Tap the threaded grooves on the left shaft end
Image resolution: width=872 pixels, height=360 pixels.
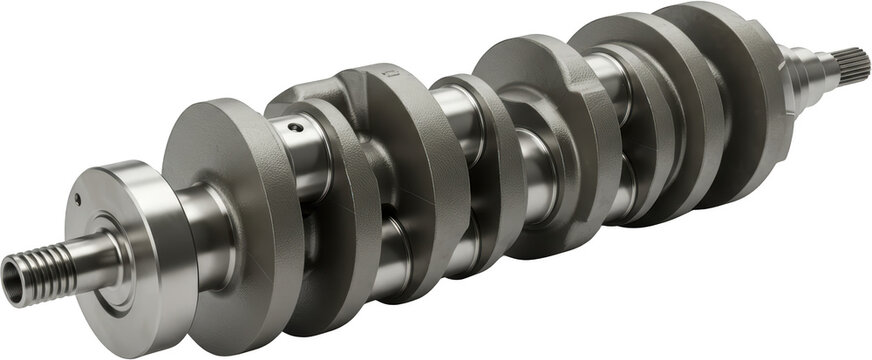click(x=45, y=262)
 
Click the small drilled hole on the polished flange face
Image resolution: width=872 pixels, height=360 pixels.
click(x=77, y=198)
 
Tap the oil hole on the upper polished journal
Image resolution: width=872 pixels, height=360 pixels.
click(x=295, y=127)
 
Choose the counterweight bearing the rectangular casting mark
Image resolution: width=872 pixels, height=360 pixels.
click(x=410, y=150)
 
